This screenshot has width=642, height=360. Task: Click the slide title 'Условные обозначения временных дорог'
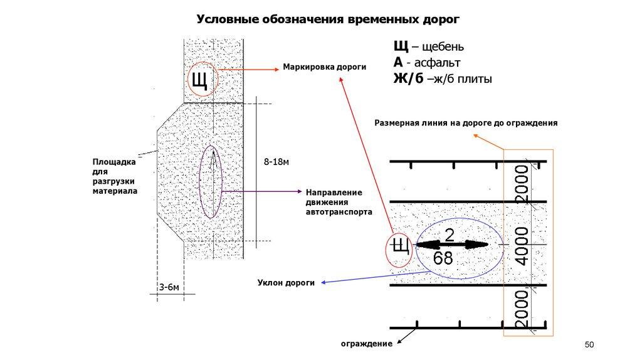pyautogui.click(x=328, y=19)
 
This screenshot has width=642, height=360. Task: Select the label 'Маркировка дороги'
pyautogui.click(x=324, y=66)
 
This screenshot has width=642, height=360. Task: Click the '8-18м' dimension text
pyautogui.click(x=276, y=162)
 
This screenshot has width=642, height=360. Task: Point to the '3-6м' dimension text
pyautogui.click(x=169, y=287)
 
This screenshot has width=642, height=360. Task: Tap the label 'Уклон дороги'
pyautogui.click(x=285, y=283)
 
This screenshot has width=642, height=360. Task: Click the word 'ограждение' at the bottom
pyautogui.click(x=366, y=344)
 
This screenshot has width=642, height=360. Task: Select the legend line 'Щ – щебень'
pyautogui.click(x=429, y=47)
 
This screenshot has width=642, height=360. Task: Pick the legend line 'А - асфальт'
pyautogui.click(x=426, y=63)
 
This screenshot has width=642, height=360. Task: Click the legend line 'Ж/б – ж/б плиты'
pyautogui.click(x=442, y=79)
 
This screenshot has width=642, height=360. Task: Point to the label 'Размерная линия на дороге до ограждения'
pyautogui.click(x=466, y=124)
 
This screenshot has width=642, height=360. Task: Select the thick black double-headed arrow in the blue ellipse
pyautogui.click(x=453, y=245)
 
